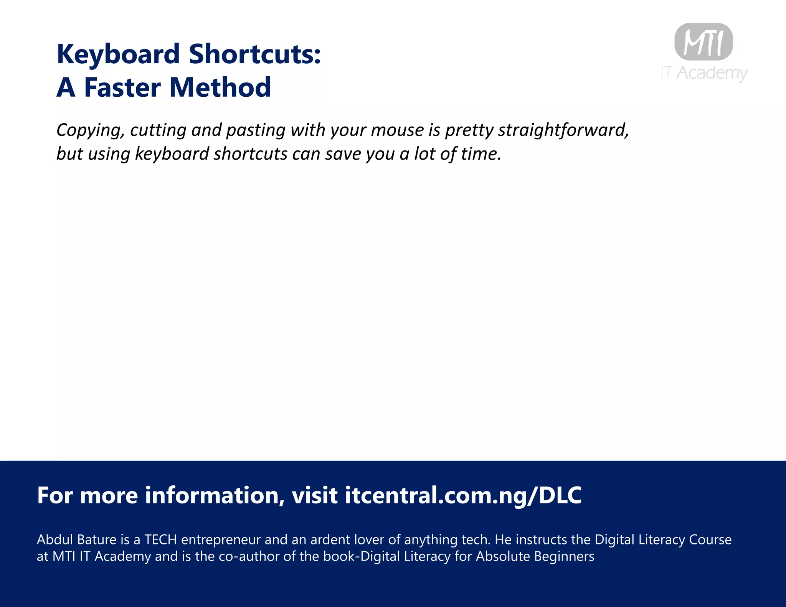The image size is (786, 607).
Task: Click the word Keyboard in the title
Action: point(118,54)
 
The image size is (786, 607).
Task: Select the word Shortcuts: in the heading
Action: point(255,54)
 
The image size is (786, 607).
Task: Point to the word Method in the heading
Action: point(220,87)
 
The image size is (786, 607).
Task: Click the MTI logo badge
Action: point(703,42)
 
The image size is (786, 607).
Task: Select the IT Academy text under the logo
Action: point(704,73)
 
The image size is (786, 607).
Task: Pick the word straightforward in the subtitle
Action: point(563,130)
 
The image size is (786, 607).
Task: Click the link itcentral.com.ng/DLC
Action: point(463,495)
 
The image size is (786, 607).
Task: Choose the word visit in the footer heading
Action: point(315,495)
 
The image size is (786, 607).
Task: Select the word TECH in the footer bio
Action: point(160,540)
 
